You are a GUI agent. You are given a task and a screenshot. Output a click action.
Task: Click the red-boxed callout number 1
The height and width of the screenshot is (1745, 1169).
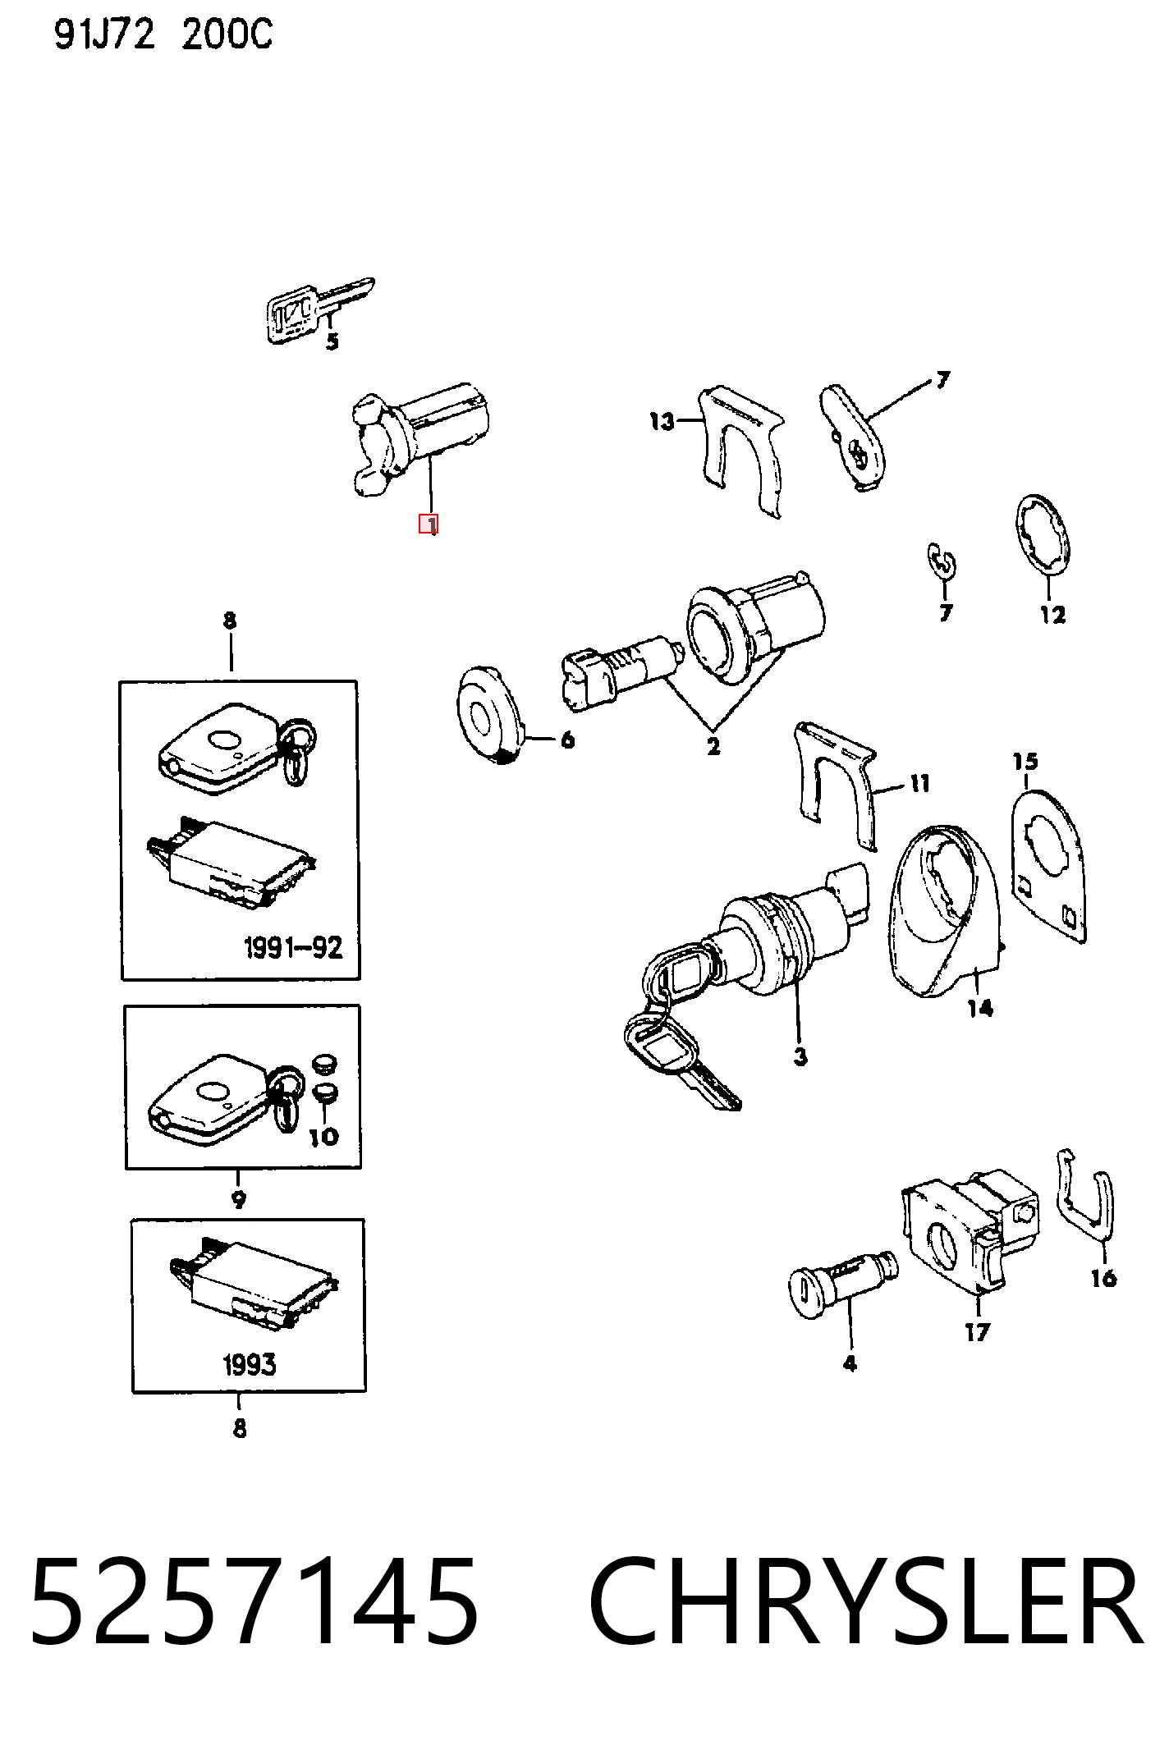[x=429, y=524]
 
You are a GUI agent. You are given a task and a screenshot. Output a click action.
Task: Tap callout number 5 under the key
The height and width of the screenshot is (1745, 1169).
[x=332, y=341]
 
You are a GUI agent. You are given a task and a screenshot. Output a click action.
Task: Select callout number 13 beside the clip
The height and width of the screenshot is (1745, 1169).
[x=662, y=422]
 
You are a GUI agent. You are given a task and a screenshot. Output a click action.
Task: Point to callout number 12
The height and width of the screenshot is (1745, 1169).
[x=1052, y=615]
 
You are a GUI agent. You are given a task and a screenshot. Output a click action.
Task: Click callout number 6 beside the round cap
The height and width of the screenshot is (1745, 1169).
[x=567, y=740]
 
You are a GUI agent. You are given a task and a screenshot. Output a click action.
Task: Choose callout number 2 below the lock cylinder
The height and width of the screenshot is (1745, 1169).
[x=713, y=747]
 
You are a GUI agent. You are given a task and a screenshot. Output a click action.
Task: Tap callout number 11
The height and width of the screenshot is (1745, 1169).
[x=919, y=784]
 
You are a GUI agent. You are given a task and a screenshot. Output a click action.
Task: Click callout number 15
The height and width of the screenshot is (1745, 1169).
[x=1025, y=762]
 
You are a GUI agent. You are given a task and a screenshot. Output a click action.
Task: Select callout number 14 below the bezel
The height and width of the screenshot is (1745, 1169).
[x=980, y=1008]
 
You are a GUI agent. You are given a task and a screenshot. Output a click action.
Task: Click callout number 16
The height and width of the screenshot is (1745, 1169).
[x=1104, y=1278]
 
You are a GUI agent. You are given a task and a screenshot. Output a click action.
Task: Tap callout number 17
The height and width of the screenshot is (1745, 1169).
[x=977, y=1331]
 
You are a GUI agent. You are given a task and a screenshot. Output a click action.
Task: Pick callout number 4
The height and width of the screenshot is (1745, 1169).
[x=849, y=1363]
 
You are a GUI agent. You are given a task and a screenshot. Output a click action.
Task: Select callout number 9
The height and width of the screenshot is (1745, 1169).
[x=238, y=1199]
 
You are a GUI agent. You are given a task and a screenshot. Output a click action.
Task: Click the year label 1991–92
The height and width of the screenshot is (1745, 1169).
[x=293, y=948]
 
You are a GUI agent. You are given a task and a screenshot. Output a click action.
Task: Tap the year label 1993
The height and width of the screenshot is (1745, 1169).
[x=249, y=1365]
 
